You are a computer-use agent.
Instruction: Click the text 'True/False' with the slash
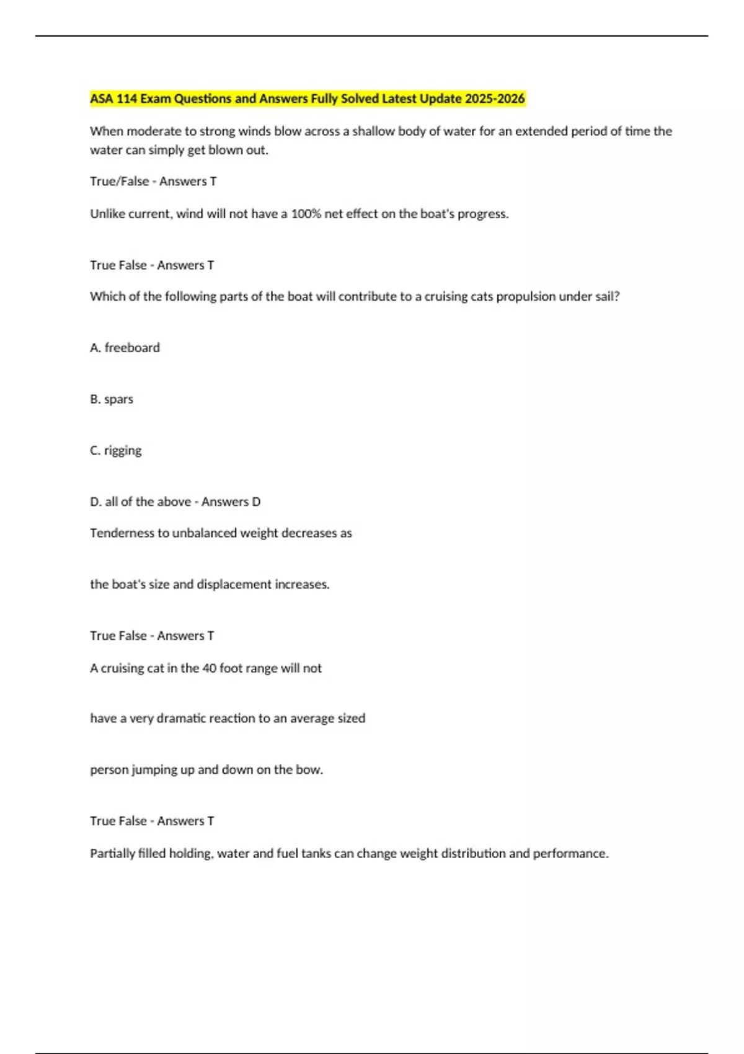click(119, 182)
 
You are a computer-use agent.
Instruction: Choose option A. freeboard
click(125, 348)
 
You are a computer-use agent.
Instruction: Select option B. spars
click(112, 399)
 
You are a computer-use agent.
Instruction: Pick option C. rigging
click(116, 451)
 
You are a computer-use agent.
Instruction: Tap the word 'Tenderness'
click(121, 533)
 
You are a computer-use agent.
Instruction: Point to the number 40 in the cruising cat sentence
click(209, 668)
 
